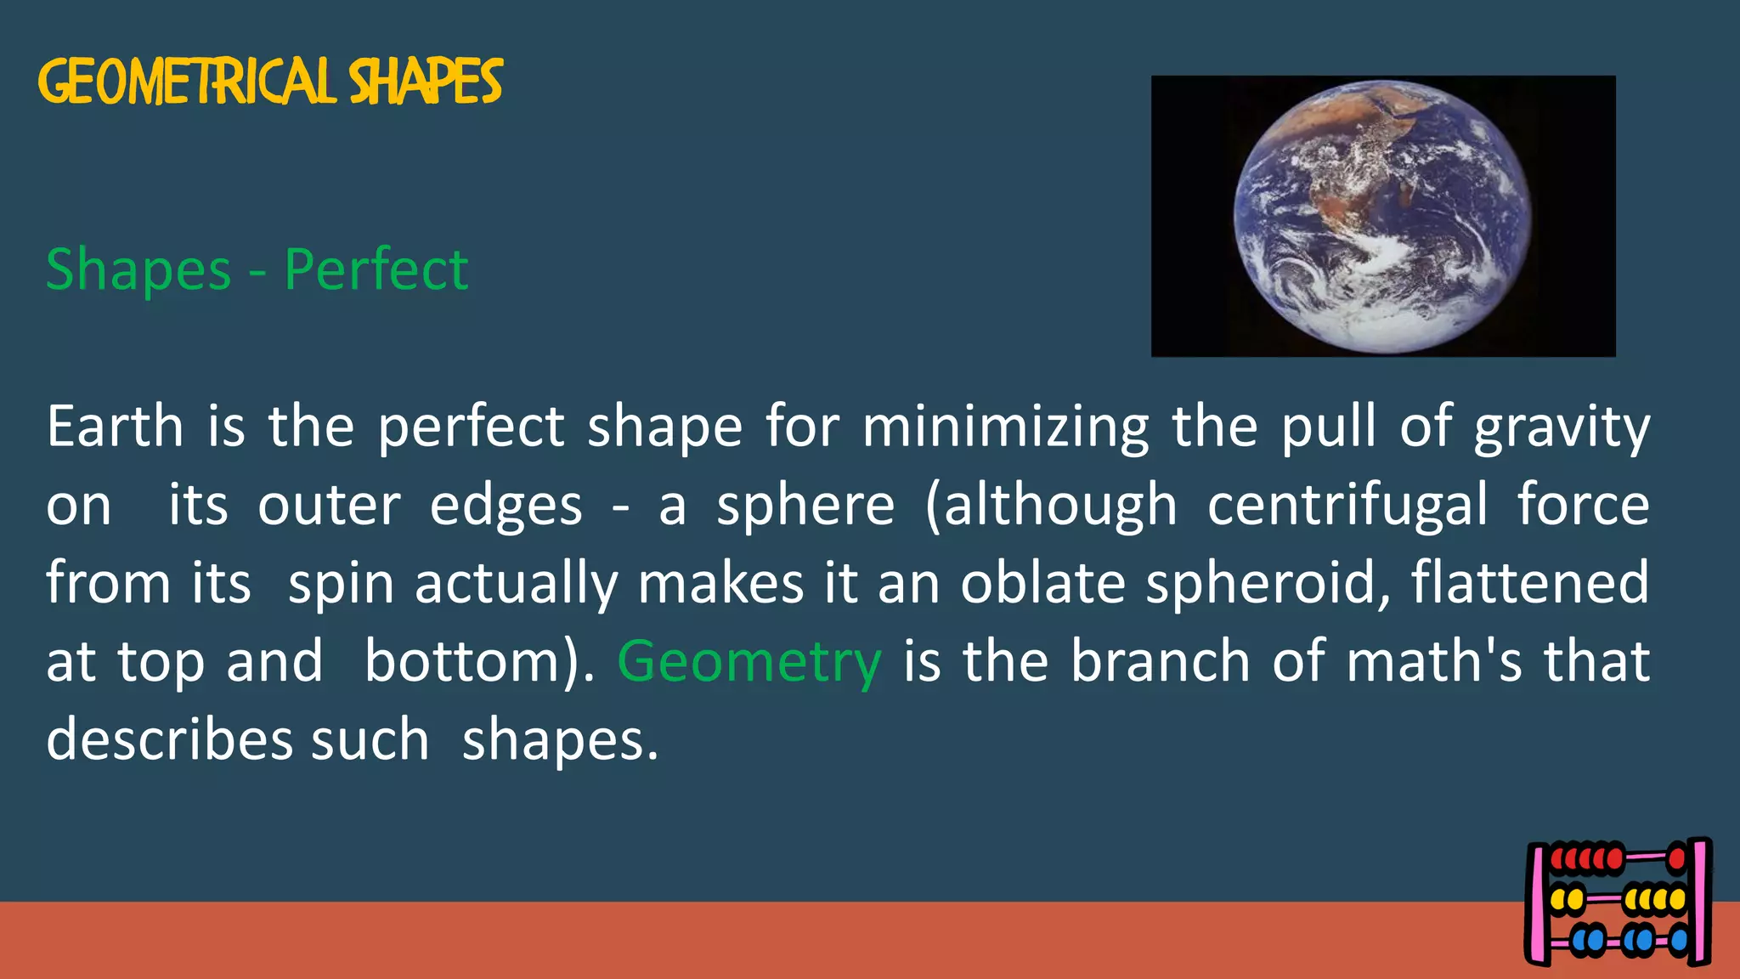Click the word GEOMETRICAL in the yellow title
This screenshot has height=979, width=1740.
tap(185, 82)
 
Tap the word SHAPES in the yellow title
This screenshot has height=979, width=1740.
tap(426, 82)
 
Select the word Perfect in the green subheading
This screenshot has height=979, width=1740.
tap(376, 269)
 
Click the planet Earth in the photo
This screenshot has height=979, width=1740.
tap(1381, 216)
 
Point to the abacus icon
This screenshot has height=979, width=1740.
tap(1619, 902)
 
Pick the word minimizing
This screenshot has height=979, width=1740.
tap(1006, 427)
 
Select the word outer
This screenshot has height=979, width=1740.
tap(329, 506)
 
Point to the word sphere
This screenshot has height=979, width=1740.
tap(805, 506)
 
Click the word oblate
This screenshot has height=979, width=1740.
tap(1042, 583)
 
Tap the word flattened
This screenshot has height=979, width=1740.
tap(1530, 583)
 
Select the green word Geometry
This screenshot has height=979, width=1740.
tap(749, 663)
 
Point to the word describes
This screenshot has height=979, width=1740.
tap(167, 739)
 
